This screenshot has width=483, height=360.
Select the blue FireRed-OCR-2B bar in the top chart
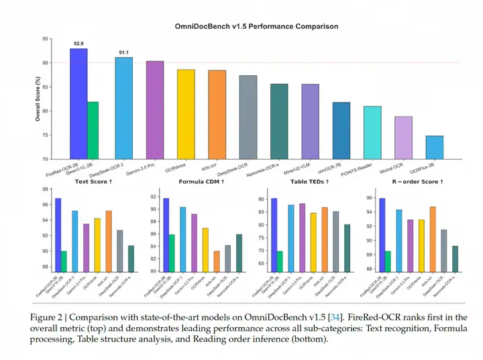click(x=78, y=103)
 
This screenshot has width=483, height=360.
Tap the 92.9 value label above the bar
click(x=78, y=44)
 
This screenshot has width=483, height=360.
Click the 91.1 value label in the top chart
click(x=123, y=52)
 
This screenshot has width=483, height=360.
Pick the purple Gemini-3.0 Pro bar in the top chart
click(x=155, y=110)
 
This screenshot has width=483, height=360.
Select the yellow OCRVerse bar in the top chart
click(x=186, y=114)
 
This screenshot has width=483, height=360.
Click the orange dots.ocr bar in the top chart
click(x=217, y=115)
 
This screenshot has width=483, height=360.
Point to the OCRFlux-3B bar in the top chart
click(x=434, y=147)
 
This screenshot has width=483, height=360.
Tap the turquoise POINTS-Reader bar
click(x=372, y=133)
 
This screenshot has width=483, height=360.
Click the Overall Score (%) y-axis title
click(x=38, y=99)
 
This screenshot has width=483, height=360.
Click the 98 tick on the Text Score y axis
click(x=46, y=190)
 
